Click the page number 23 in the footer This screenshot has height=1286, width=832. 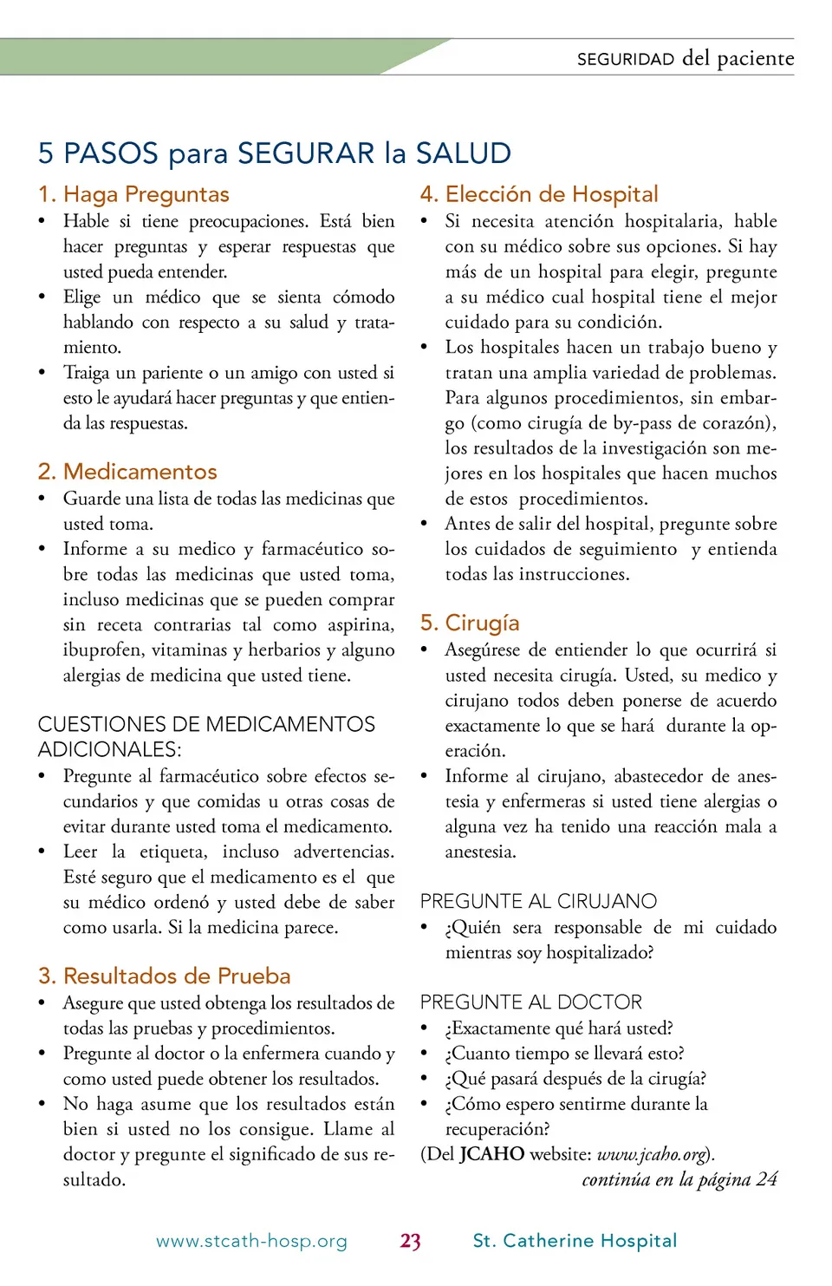tap(411, 1241)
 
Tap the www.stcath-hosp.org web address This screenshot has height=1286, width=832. tap(251, 1241)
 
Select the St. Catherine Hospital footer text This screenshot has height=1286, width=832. tap(575, 1241)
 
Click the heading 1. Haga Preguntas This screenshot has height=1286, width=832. tap(133, 194)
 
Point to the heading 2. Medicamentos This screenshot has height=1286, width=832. tap(127, 472)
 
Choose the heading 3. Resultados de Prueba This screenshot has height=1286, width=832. tap(164, 976)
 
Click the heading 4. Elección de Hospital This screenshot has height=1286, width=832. tap(539, 194)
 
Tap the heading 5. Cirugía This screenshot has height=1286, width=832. tap(470, 623)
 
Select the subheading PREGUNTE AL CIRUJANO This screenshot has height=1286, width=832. tap(538, 901)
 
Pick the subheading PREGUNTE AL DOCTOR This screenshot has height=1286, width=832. tap(530, 1002)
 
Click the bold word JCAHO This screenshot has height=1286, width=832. tap(491, 1154)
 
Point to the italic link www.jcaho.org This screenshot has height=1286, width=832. tap(652, 1154)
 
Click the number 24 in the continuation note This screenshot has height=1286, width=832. tap(766, 1179)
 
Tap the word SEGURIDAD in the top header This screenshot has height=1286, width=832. tap(625, 59)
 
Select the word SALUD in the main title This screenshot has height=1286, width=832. tap(463, 153)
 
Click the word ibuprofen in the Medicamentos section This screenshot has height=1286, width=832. tap(101, 650)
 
